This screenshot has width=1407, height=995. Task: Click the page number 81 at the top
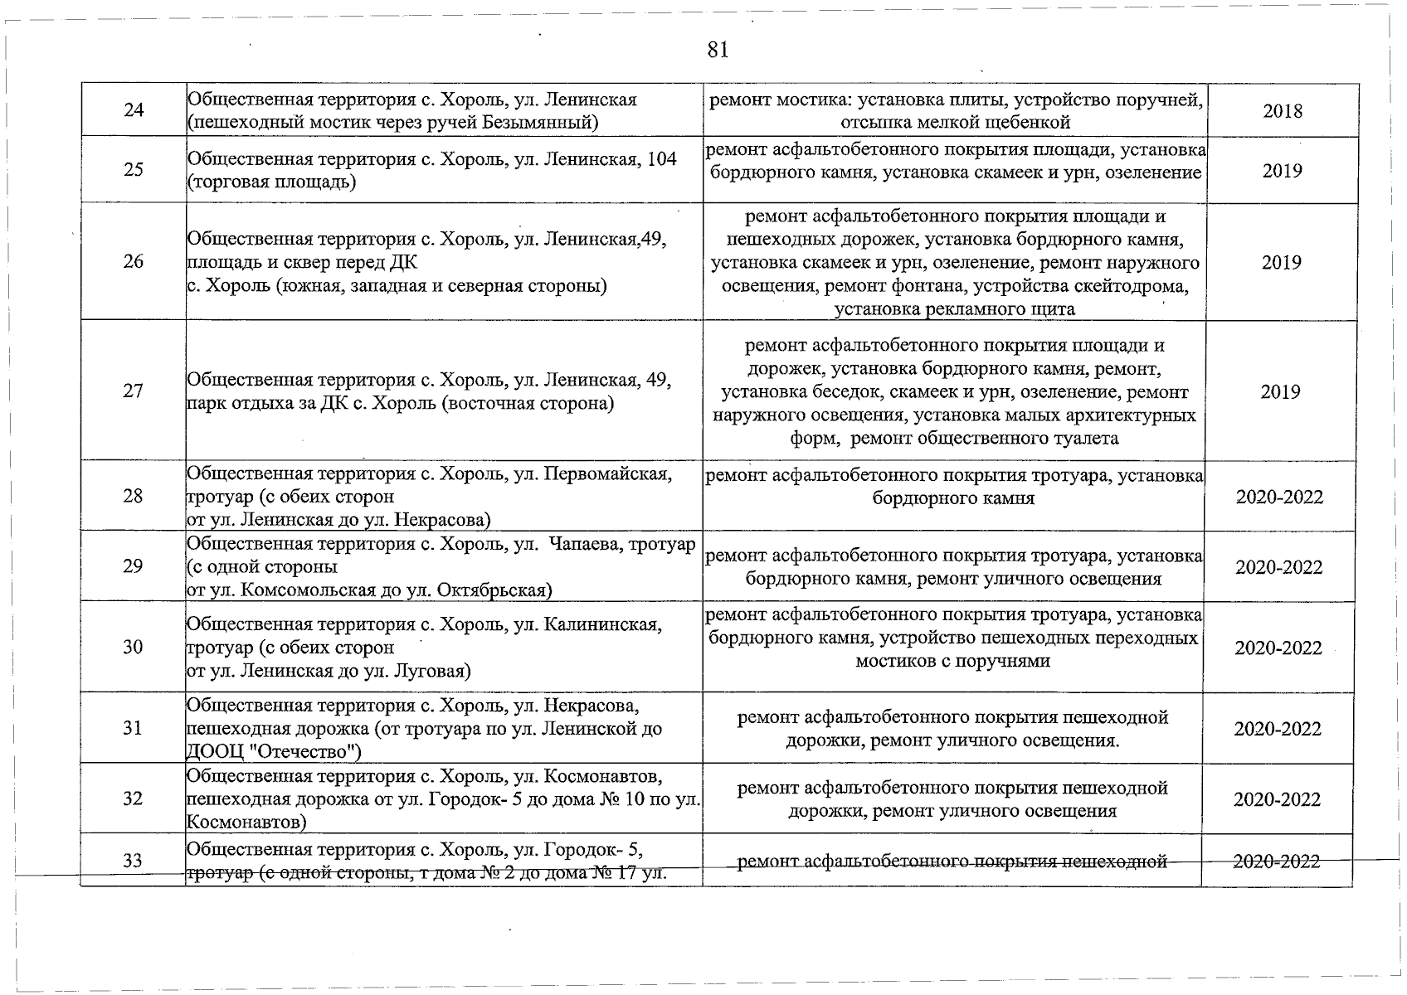(x=718, y=50)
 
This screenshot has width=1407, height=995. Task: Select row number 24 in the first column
(x=134, y=110)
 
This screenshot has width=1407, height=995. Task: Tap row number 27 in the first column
(x=134, y=391)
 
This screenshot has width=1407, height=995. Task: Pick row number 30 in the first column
(x=134, y=647)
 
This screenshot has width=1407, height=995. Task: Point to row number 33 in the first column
(x=134, y=861)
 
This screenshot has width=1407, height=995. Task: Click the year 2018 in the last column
(x=1283, y=111)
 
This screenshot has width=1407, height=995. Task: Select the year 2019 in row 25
(x=1283, y=171)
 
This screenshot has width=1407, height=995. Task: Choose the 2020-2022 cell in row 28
(x=1279, y=497)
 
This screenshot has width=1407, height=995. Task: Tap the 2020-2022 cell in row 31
(x=1278, y=729)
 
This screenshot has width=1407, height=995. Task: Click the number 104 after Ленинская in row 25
(x=661, y=158)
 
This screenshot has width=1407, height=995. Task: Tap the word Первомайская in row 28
(x=606, y=473)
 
